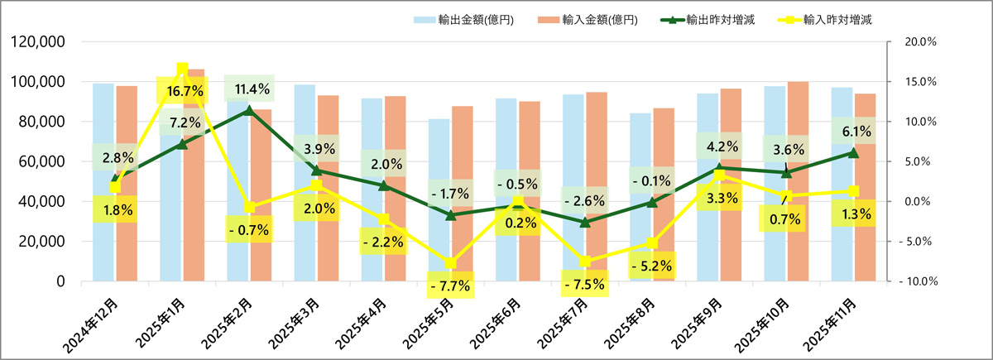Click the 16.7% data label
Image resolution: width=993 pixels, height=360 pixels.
click(x=181, y=89)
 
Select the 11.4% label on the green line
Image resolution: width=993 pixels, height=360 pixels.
click(x=249, y=89)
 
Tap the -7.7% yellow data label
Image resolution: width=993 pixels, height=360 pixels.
click(x=451, y=286)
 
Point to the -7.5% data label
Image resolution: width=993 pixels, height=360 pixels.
click(x=585, y=285)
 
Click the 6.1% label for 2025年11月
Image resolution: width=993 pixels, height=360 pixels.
click(x=854, y=131)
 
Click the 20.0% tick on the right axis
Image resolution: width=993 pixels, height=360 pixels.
click(x=917, y=41)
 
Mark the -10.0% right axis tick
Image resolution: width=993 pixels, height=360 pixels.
click(x=915, y=281)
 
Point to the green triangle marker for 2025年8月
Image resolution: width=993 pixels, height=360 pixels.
click(x=652, y=202)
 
